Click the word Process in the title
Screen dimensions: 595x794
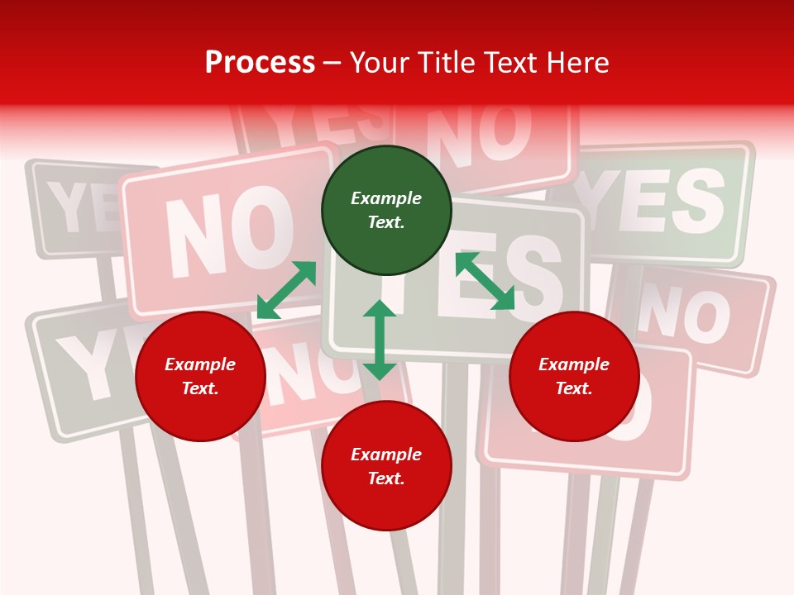[260, 63]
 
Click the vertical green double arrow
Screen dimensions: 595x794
[380, 340]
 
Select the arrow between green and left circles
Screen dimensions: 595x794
[286, 290]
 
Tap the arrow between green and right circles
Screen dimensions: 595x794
[485, 282]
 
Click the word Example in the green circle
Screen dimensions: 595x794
[386, 198]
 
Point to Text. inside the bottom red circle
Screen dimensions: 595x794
[386, 478]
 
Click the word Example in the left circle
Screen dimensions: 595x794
[200, 364]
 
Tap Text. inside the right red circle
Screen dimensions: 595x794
[574, 388]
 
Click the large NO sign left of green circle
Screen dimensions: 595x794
[223, 236]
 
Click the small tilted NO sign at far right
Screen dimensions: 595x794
[695, 318]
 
